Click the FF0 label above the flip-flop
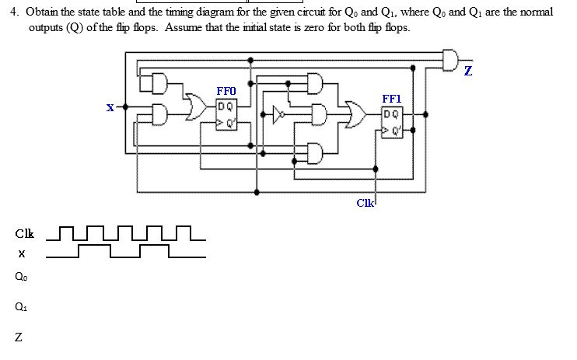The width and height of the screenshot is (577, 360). pyautogui.click(x=226, y=91)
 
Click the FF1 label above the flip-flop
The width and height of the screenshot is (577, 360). pyautogui.click(x=392, y=99)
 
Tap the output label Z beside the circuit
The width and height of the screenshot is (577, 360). pyautogui.click(x=467, y=72)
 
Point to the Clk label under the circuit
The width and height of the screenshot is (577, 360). pyautogui.click(x=365, y=203)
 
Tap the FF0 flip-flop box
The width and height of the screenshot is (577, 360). pyautogui.click(x=226, y=114)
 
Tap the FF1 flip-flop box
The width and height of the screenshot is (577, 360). pyautogui.click(x=392, y=121)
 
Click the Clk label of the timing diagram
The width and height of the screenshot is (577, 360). pyautogui.click(x=24, y=233)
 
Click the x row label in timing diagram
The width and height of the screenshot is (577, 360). pyautogui.click(x=22, y=253)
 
